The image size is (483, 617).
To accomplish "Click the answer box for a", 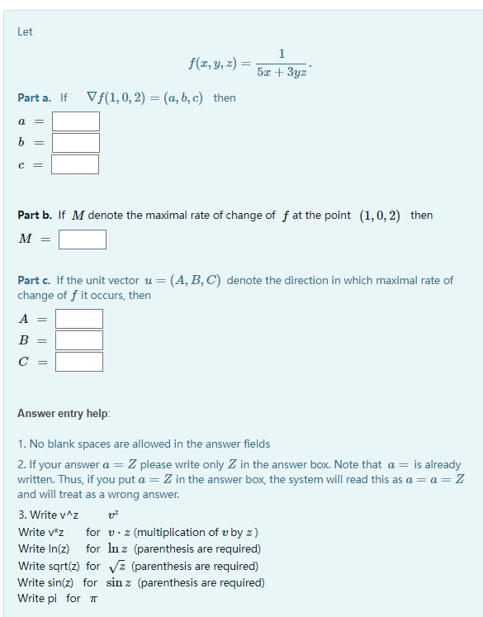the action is coord(75,121).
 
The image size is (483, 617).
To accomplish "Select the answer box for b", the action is coord(75,143).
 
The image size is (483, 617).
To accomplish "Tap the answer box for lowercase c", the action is coord(75,164).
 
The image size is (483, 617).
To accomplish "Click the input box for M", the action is coord(82,240).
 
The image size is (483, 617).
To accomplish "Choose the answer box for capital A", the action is coord(79,319).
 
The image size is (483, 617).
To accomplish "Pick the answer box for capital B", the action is coord(79,340).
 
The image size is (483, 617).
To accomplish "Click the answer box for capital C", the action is coord(79,362).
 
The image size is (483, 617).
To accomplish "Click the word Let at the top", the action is coord(25,31).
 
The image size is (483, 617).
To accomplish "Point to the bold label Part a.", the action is coord(36,97).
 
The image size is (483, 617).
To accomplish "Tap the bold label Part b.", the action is coord(36,215).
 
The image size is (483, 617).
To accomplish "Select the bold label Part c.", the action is coord(36,280).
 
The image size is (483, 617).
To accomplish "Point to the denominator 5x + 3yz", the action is coord(282,73).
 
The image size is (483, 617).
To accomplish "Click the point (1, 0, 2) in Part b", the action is coord(380,215).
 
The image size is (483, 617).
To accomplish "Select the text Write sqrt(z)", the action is coord(47,566).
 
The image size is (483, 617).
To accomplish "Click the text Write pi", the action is coord(38,598).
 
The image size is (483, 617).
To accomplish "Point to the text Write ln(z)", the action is coord(44,549).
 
